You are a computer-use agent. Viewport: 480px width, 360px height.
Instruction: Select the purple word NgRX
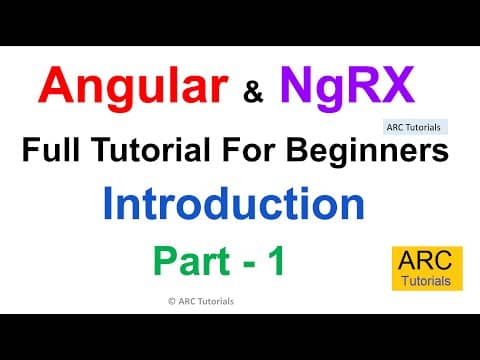(346, 86)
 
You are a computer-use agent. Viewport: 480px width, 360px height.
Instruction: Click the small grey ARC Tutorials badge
(416, 127)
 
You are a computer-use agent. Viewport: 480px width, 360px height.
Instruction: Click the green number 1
(276, 261)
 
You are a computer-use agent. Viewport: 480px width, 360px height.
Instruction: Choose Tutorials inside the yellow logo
(427, 282)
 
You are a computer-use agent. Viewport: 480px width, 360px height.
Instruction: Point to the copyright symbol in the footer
(159, 300)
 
